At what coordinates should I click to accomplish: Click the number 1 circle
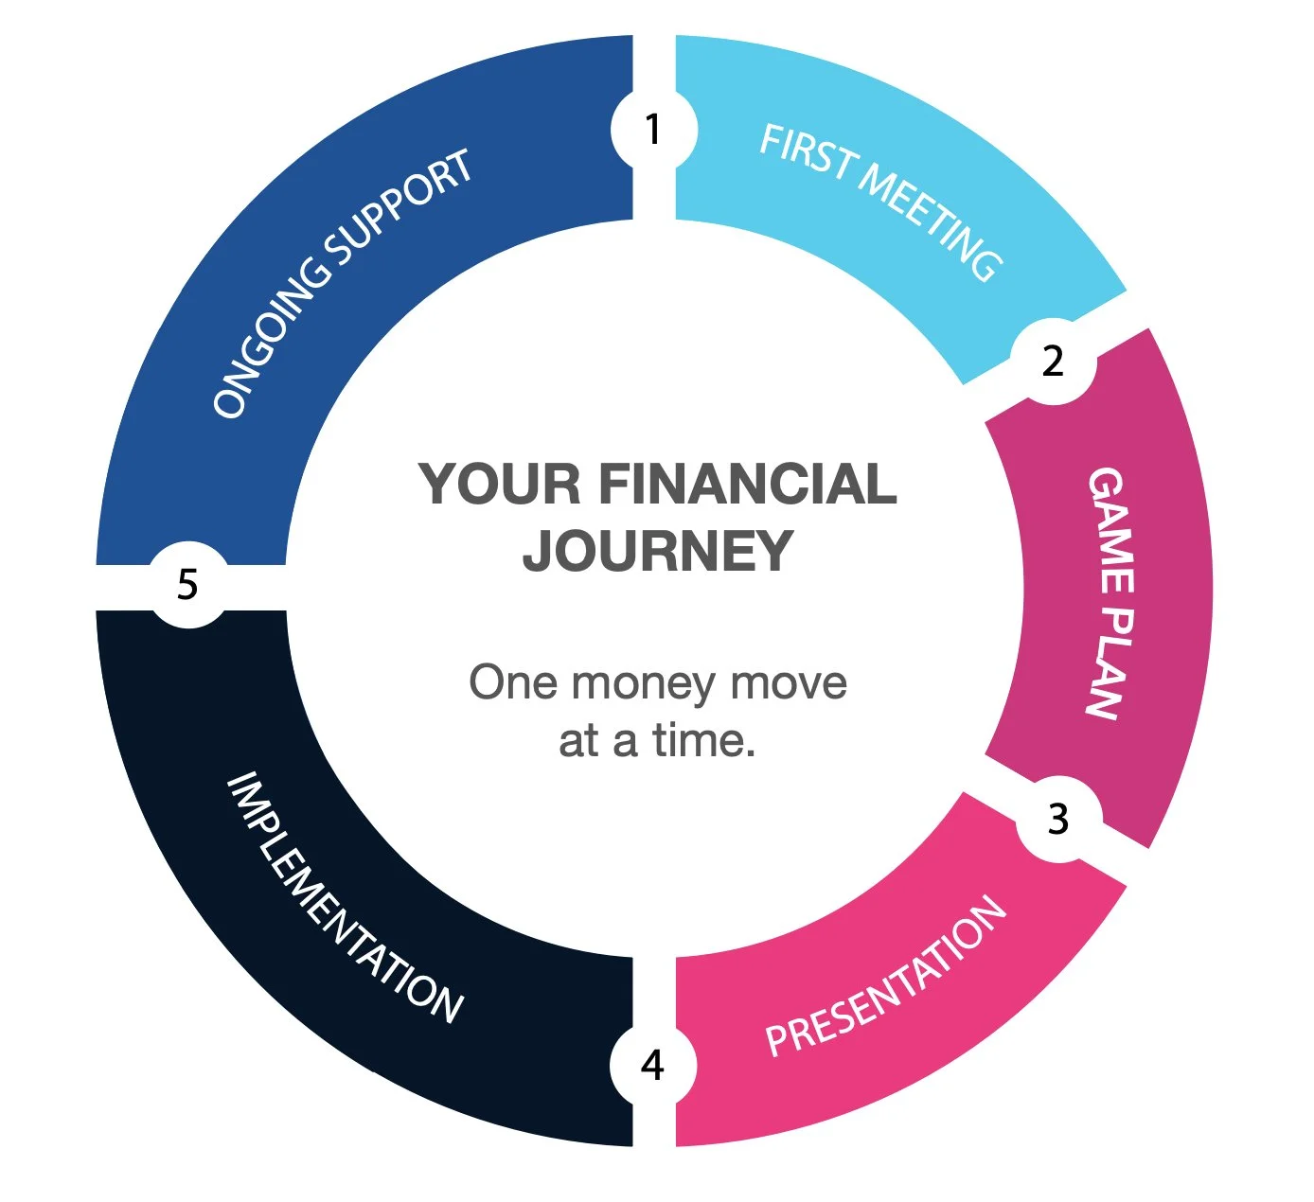click(652, 130)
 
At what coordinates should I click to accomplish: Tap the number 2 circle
click(1053, 362)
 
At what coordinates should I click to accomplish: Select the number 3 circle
click(1057, 819)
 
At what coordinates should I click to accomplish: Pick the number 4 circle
click(652, 1066)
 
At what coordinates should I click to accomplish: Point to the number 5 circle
click(188, 584)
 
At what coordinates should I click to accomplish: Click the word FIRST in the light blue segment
click(806, 151)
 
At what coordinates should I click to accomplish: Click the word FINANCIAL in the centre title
click(747, 485)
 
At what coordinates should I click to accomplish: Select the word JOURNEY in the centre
click(658, 551)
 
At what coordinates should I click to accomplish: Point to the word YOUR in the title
click(500, 485)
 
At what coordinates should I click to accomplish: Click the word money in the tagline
click(644, 683)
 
